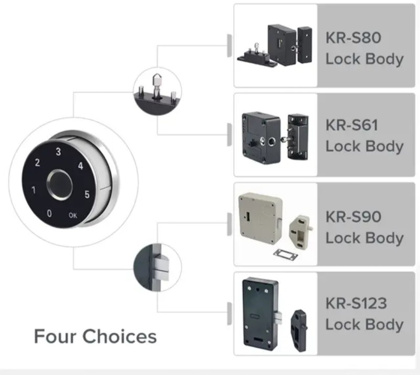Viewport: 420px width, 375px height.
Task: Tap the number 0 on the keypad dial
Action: pos(49,214)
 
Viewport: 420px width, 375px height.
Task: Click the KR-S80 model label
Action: pos(353,38)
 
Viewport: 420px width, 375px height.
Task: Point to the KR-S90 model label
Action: pos(353,216)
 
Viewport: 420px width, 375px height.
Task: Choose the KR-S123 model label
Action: pos(356,303)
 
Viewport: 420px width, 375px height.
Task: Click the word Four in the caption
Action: pos(56,336)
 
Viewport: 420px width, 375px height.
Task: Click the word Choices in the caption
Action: pos(120,336)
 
